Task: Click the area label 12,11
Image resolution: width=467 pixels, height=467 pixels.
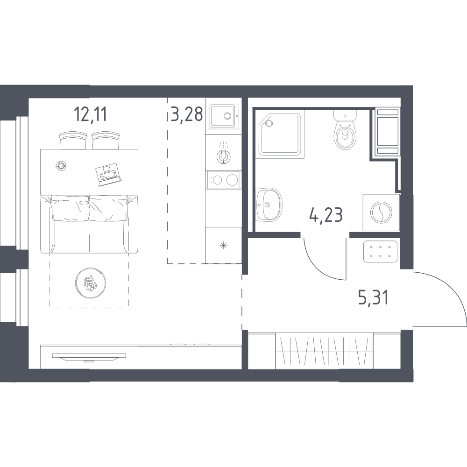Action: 90,114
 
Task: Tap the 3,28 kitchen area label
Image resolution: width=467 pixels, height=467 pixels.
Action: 187,114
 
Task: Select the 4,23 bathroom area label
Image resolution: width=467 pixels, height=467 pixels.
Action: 326,215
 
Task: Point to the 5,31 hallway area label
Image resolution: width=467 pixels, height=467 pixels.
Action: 374,298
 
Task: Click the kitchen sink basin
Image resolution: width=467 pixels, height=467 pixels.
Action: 223,116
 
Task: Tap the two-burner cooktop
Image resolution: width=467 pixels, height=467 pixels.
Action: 223,180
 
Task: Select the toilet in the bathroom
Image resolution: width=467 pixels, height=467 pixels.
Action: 345,130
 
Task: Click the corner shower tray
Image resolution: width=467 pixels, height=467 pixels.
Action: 281,134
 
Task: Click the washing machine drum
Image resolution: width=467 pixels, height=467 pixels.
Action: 381,212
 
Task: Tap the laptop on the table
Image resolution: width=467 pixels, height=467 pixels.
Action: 108,175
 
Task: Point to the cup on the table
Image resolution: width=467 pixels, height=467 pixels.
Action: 61,166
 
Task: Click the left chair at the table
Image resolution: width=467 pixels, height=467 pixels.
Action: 73,141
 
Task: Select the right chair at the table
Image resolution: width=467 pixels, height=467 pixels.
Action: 106,141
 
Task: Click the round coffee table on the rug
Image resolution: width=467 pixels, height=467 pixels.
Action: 91,283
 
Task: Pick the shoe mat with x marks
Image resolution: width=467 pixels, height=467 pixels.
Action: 380,251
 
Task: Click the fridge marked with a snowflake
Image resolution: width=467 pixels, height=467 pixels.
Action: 223,246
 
